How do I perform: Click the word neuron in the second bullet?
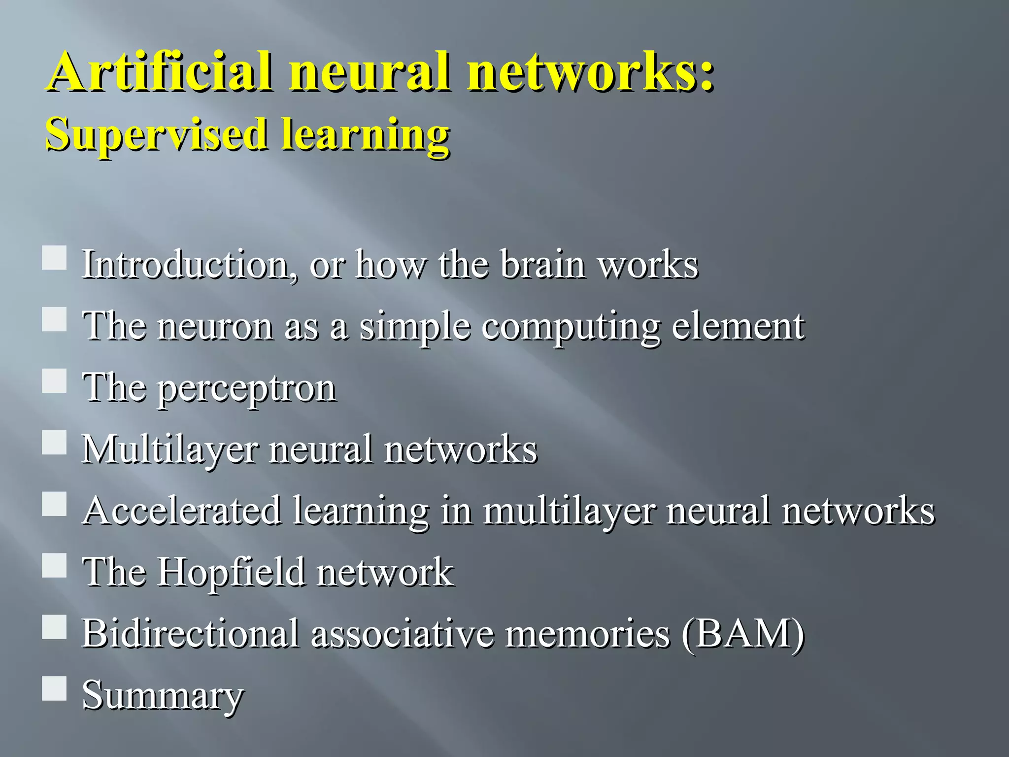click(x=215, y=326)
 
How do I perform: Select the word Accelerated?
click(x=183, y=511)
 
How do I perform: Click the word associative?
click(x=402, y=633)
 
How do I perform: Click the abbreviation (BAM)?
click(x=743, y=634)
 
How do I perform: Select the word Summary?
click(x=163, y=695)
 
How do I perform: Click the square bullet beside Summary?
click(x=54, y=688)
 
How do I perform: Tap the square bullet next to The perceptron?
click(x=54, y=381)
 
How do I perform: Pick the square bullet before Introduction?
click(x=54, y=258)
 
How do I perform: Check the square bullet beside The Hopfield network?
click(x=54, y=565)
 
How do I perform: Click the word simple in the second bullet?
click(x=414, y=327)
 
